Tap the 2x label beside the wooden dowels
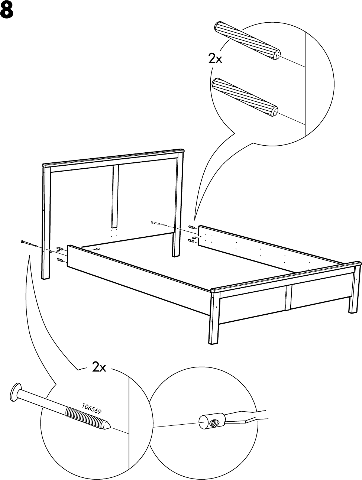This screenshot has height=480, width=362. click(215, 58)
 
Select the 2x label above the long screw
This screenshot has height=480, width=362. click(99, 367)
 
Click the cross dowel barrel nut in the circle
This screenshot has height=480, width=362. click(211, 422)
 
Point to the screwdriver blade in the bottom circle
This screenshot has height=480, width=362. click(245, 416)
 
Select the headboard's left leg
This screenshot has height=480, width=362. click(46, 223)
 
